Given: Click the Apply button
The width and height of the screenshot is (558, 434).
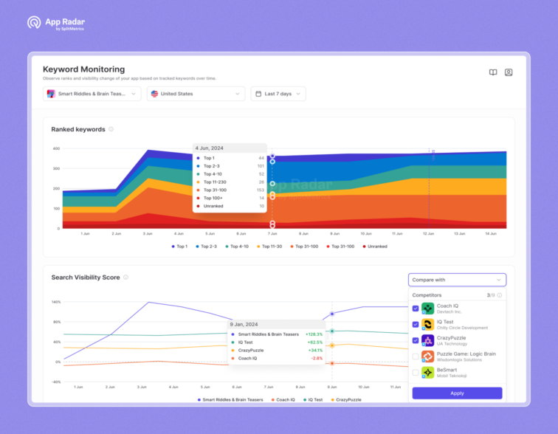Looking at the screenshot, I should pos(457,393).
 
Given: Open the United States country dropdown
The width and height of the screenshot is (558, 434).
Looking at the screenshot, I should pos(196,94).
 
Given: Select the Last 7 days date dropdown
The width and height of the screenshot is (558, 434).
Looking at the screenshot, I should pos(278,94).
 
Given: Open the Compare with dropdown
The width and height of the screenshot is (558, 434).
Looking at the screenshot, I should pos(457,280).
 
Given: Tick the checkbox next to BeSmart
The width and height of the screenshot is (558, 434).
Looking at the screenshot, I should pos(416,373).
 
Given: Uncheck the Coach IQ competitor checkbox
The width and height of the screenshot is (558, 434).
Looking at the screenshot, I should pos(416,309).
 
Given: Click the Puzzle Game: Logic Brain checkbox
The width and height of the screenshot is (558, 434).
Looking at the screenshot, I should pos(416,356).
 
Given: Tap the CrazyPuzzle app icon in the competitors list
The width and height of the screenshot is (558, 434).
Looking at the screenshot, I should pos(428,340).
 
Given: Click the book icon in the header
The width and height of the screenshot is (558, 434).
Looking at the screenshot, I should pos(493,72).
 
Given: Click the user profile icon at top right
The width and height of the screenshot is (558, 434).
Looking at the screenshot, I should pos(509,72).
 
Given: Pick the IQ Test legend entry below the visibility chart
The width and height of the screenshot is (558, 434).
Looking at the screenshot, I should pos(313,399).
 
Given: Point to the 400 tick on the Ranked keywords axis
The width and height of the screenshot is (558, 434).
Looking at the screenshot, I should pos(55,148).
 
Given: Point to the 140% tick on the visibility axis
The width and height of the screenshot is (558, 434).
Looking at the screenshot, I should pos(56,302).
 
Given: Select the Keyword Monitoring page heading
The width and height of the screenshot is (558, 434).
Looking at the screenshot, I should pos(83,69).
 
